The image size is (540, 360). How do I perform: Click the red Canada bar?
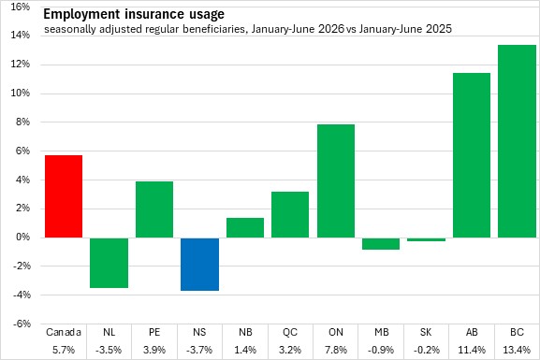[64, 196]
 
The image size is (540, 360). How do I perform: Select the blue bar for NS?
[199, 264]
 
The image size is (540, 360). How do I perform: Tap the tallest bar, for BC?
[518, 141]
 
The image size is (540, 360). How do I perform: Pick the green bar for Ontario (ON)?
[336, 181]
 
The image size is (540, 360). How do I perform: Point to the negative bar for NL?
[109, 263]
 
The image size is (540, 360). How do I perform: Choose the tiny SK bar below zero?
[427, 239]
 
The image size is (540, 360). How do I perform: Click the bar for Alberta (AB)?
[472, 155]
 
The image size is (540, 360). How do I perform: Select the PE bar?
[154, 209]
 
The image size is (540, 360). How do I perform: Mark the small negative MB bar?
[381, 243]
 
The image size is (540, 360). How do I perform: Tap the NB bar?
[245, 227]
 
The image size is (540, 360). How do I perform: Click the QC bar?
[290, 214]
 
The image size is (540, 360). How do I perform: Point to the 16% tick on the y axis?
[21, 7]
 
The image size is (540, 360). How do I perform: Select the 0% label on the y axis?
[22, 238]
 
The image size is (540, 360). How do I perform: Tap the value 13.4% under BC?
[517, 350]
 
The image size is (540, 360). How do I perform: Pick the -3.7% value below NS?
[199, 350]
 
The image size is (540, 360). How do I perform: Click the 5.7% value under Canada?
[64, 350]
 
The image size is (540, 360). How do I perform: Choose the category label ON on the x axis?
[336, 332]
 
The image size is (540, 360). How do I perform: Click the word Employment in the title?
[82, 14]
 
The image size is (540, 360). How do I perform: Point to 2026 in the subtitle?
[331, 29]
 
